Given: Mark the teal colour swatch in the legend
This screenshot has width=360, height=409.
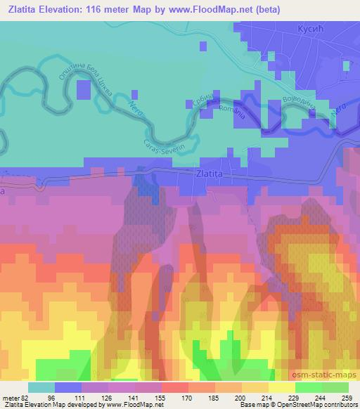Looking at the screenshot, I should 41,387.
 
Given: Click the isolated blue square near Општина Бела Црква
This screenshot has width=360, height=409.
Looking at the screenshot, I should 84,90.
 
